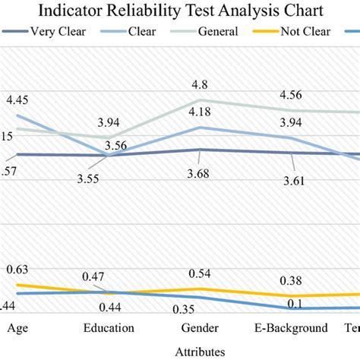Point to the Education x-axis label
[109, 328]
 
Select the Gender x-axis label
[200, 328]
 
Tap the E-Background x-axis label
[291, 328]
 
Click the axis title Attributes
[199, 351]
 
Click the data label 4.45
[18, 99]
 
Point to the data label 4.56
[291, 95]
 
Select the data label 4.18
[199, 113]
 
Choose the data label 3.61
[291, 180]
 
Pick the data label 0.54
[199, 273]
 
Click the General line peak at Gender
[199, 99]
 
